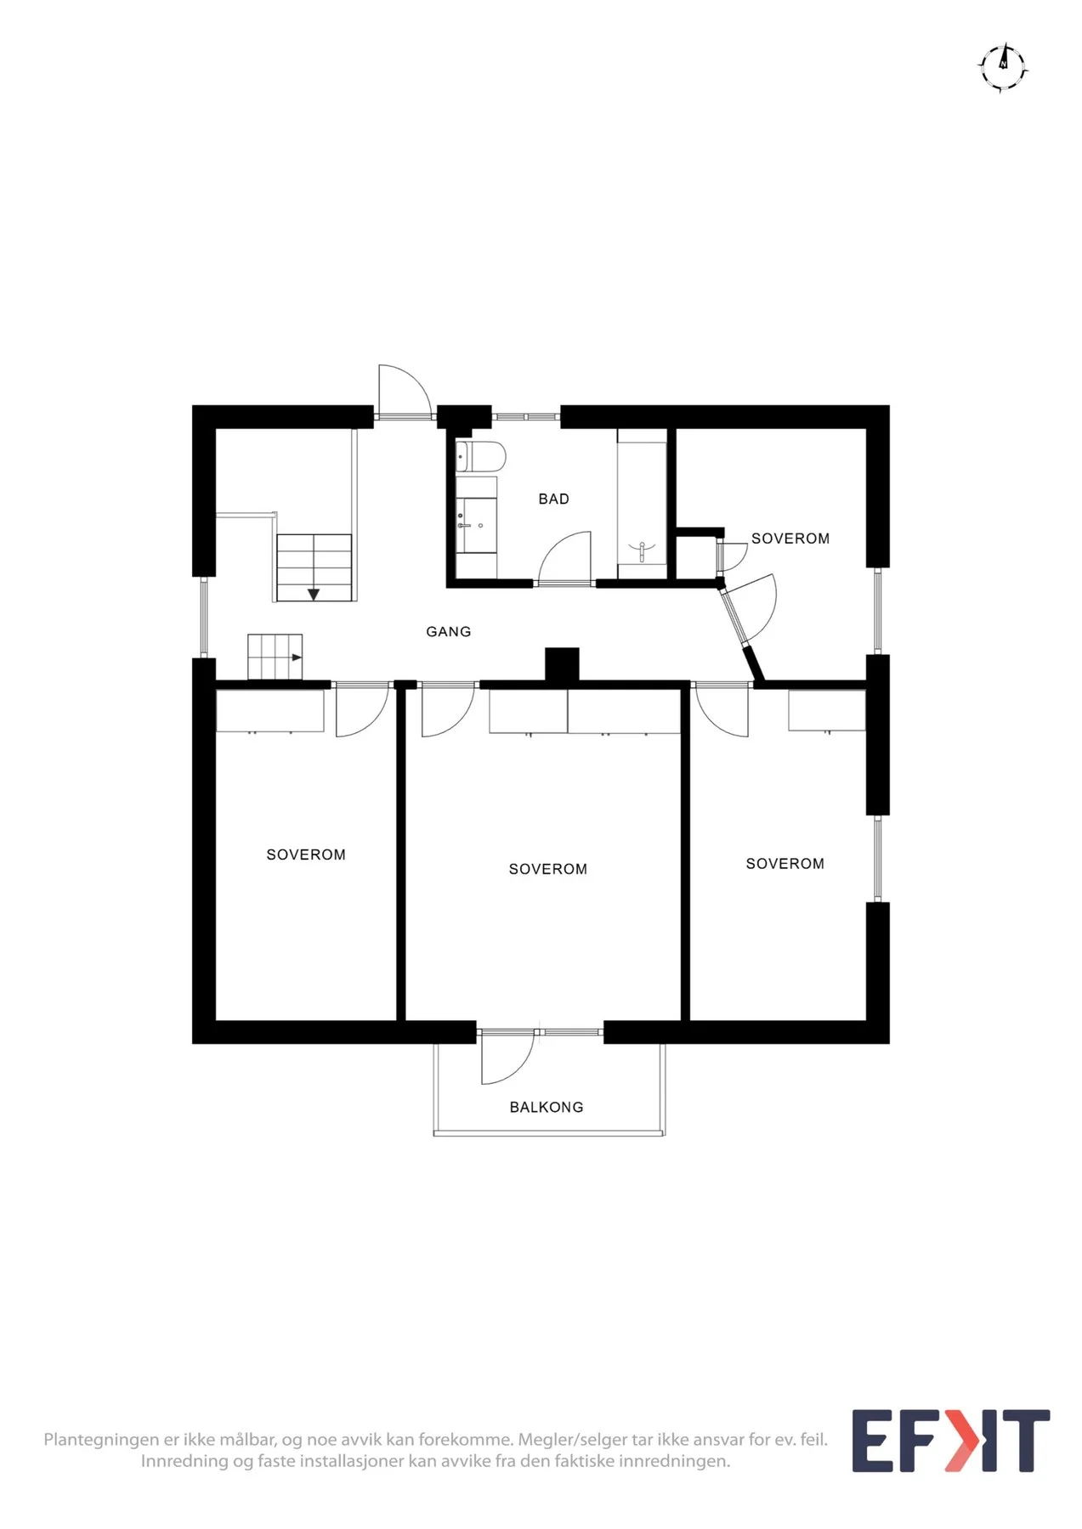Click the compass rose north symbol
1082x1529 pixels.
1003,66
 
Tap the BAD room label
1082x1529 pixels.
553,499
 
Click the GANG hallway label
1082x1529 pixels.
448,632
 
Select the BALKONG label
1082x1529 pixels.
547,1108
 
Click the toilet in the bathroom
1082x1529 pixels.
481,457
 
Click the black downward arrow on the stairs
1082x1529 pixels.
314,594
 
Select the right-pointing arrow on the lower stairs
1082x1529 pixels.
297,657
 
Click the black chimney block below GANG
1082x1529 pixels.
562,664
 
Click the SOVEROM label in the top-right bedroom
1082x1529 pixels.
790,539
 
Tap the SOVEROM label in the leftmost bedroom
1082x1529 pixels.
306,855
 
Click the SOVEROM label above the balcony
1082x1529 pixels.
548,869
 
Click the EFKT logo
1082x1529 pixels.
951,1441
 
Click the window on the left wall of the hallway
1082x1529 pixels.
203,617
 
